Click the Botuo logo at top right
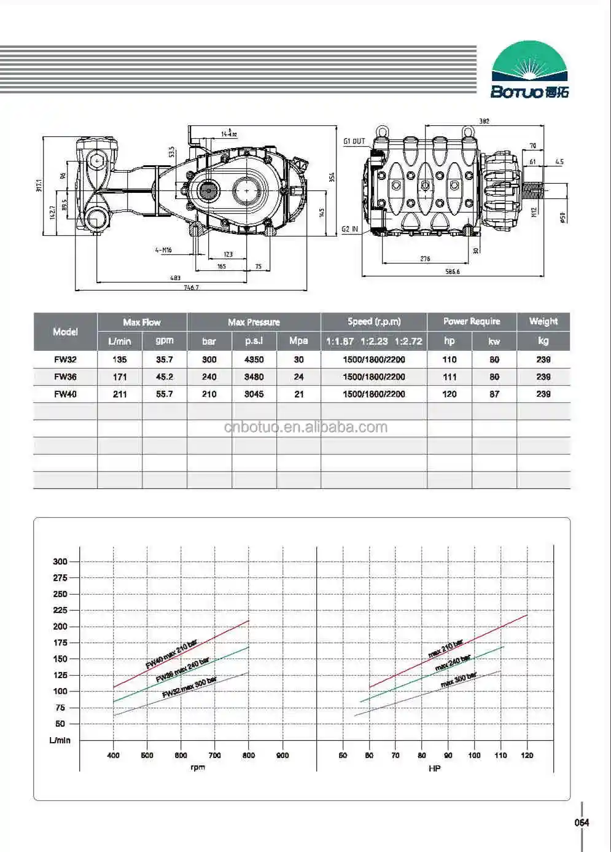tap(530, 70)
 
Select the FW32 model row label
tap(65, 359)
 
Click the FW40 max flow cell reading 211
tap(120, 394)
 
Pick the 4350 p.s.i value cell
tap(254, 359)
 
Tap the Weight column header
tap(543, 321)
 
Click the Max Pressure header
tap(254, 322)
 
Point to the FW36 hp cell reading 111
tap(449, 377)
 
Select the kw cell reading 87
tap(494, 394)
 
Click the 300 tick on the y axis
tap(60, 561)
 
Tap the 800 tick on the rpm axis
tap(248, 755)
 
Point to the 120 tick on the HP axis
tap(527, 755)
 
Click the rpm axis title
tap(198, 767)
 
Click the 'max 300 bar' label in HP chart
tap(458, 680)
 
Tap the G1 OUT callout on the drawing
tap(354, 141)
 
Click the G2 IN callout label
tap(349, 230)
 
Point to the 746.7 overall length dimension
tap(192, 287)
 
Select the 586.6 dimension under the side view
tap(452, 272)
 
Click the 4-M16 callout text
tap(163, 250)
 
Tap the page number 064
tap(582, 823)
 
